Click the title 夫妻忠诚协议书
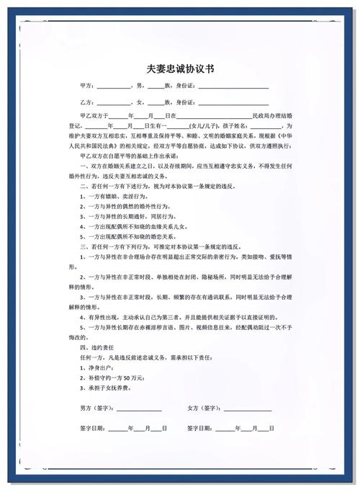[180, 69]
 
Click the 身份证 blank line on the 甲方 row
[233, 86]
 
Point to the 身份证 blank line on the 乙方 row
[233, 102]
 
